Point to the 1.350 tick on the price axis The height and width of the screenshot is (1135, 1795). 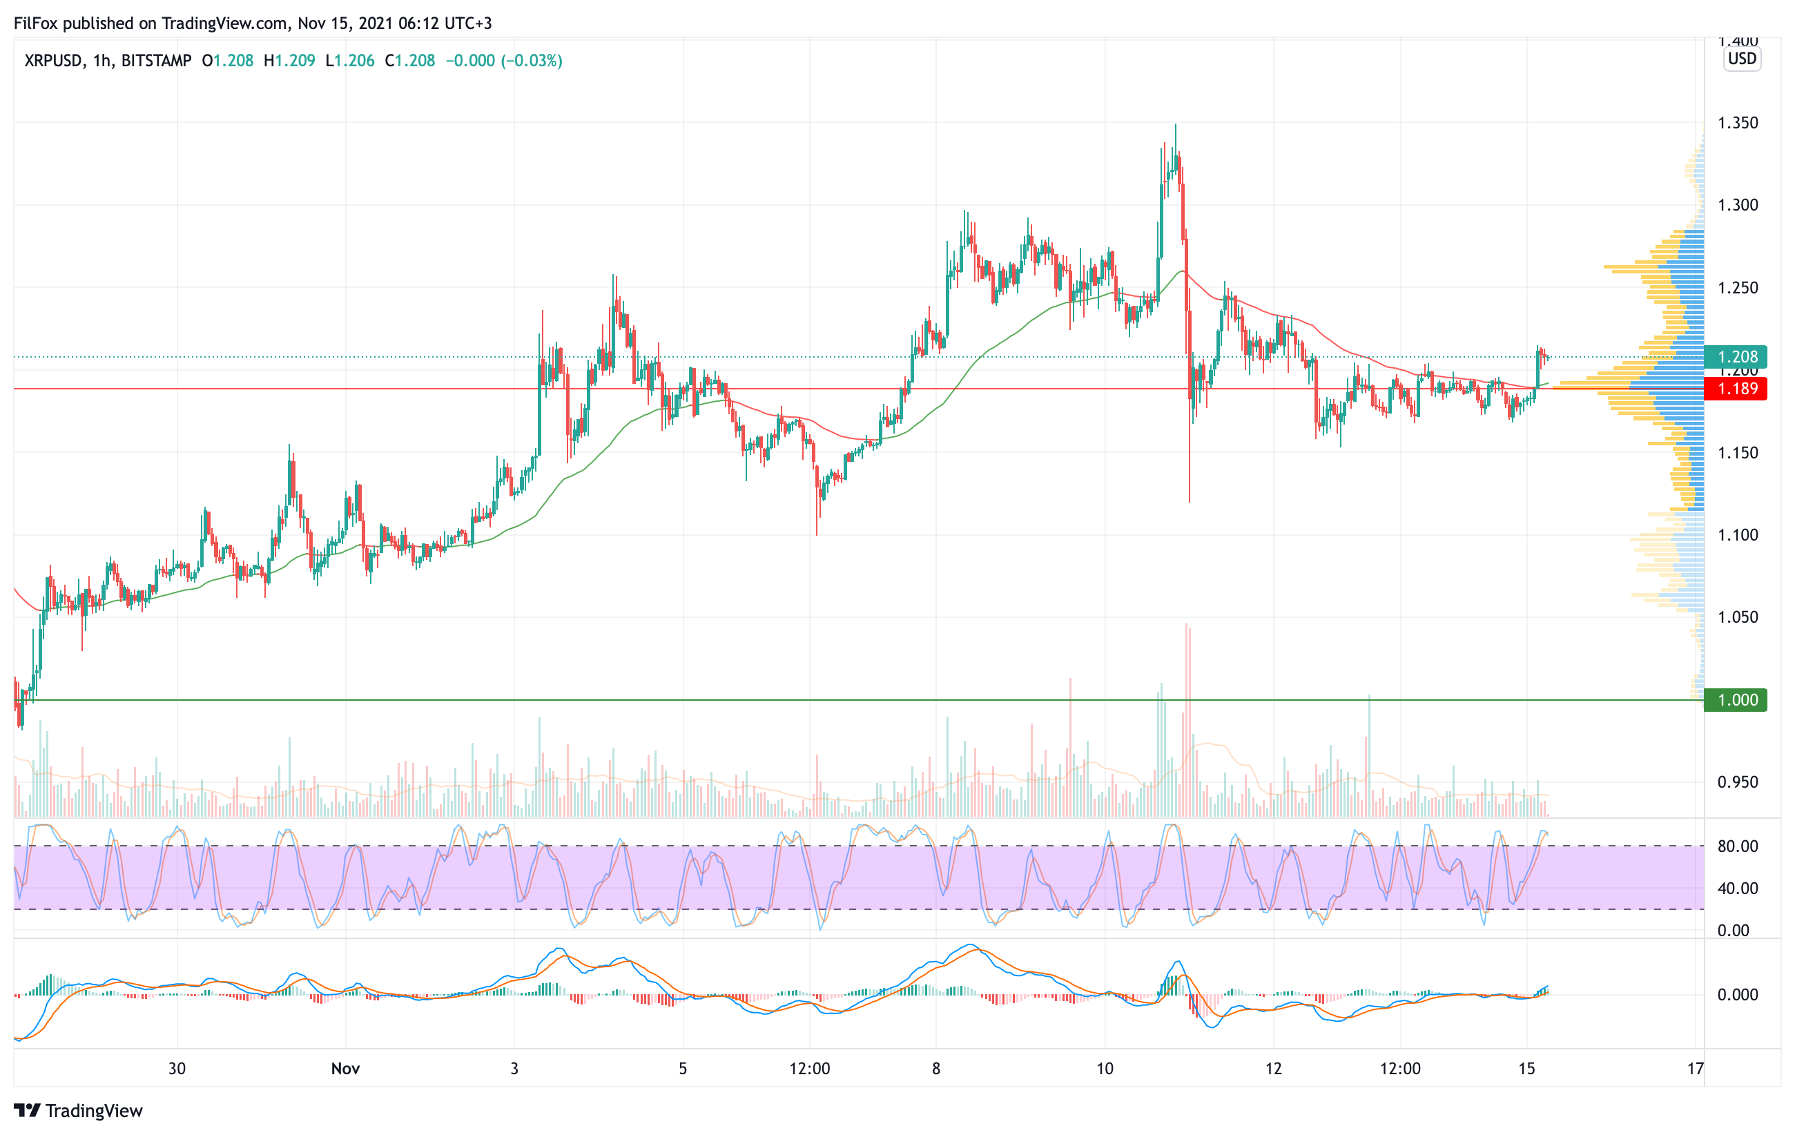(x=1738, y=123)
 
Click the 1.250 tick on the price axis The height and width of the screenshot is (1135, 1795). (x=1738, y=288)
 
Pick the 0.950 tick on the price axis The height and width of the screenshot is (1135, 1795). (x=1738, y=782)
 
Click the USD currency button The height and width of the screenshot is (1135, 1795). (x=1742, y=59)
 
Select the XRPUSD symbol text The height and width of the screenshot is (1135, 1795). (x=53, y=60)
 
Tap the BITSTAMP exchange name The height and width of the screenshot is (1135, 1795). (x=157, y=60)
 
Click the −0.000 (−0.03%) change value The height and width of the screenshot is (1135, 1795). (x=504, y=60)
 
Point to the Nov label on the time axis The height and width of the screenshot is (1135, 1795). (x=345, y=1069)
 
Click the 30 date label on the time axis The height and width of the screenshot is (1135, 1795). (x=177, y=1069)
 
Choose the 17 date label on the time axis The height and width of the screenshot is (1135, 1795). (x=1695, y=1069)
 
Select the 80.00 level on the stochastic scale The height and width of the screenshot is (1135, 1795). (x=1738, y=846)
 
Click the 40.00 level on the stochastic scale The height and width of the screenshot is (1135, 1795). (x=1738, y=889)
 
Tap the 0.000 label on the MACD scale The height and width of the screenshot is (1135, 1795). (x=1738, y=995)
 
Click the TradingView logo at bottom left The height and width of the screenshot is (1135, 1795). (x=78, y=1110)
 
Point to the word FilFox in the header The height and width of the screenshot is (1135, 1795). (x=36, y=23)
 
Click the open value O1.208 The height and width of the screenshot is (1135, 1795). (x=228, y=60)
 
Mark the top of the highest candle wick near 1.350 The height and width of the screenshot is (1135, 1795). (x=1176, y=124)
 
